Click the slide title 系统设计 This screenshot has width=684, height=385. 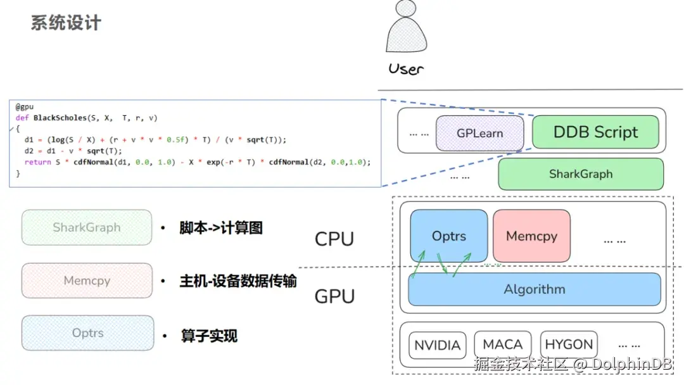point(66,23)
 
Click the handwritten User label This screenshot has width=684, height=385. point(405,68)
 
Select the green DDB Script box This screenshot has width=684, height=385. point(595,132)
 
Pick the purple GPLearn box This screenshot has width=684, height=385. point(479,134)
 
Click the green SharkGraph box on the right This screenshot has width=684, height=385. point(580,174)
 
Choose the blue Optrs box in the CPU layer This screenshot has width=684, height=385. point(448,236)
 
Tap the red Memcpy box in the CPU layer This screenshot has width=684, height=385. point(531,236)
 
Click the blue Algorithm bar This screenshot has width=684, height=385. point(534,289)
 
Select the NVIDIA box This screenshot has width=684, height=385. point(437,346)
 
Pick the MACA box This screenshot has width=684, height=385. point(502,345)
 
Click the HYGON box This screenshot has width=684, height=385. point(569,345)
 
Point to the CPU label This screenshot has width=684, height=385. point(334,239)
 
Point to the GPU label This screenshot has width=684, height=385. point(334,296)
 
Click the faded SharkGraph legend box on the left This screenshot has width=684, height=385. point(87,227)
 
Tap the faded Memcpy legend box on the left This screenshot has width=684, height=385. point(87,281)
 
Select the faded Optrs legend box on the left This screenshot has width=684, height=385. point(87,333)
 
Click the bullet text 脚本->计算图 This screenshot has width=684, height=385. point(220,228)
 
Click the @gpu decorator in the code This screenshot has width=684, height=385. point(25,107)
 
